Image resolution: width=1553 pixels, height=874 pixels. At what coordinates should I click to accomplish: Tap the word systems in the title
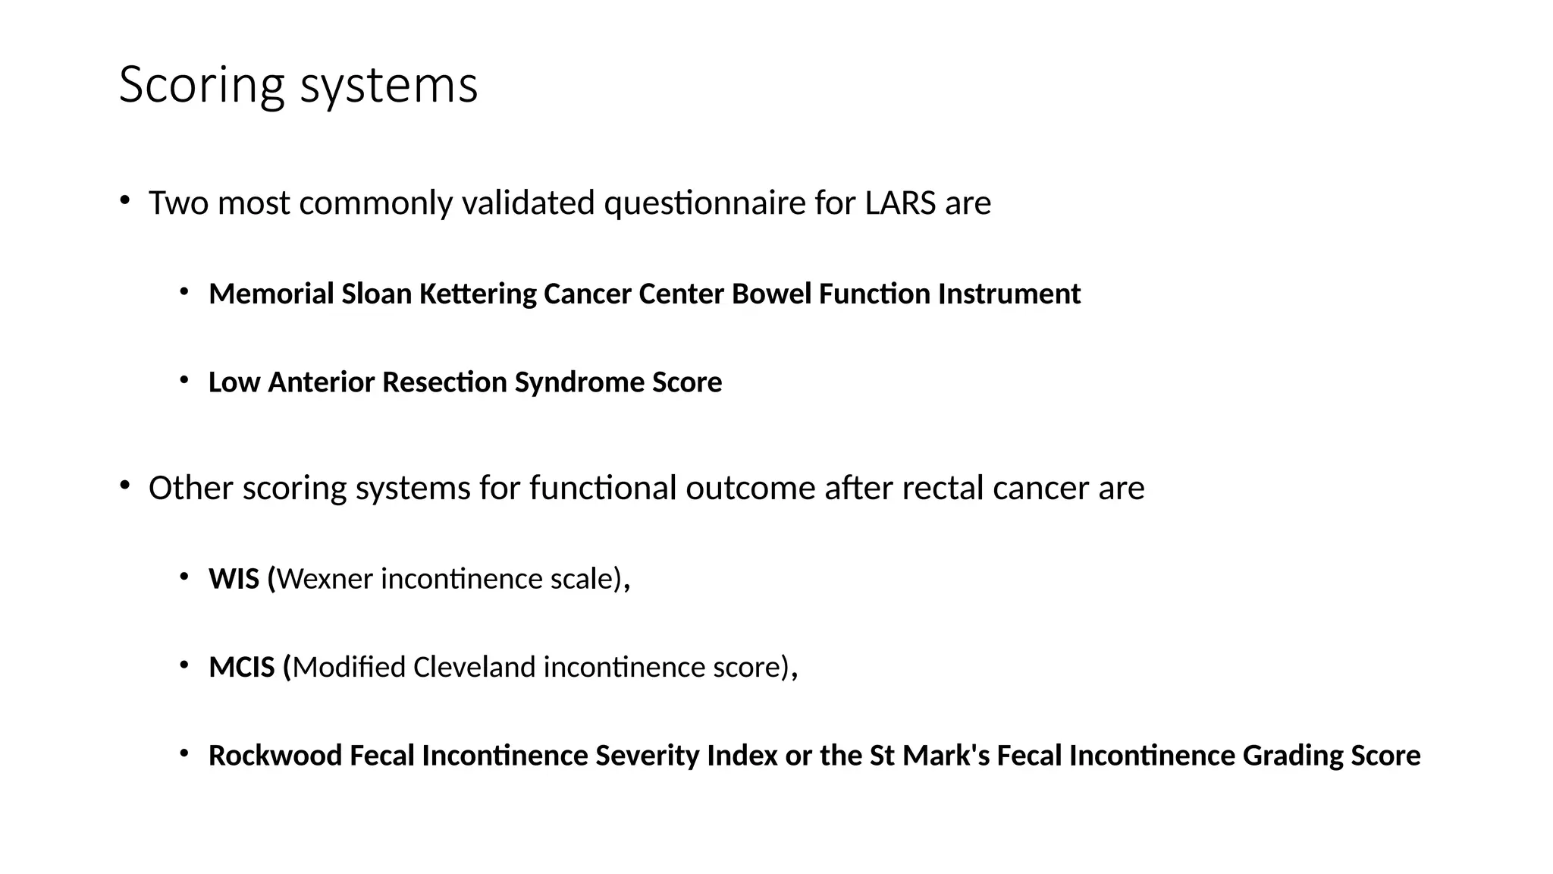pyautogui.click(x=389, y=85)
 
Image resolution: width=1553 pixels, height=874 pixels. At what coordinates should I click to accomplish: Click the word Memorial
pyautogui.click(x=271, y=294)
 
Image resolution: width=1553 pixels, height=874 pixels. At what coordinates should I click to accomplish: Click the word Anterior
pyautogui.click(x=322, y=382)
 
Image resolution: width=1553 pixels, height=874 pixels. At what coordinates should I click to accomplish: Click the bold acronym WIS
pyautogui.click(x=234, y=579)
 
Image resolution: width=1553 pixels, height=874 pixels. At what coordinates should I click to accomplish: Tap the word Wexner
pyautogui.click(x=325, y=579)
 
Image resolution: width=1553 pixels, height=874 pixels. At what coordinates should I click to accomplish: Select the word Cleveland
pyautogui.click(x=474, y=668)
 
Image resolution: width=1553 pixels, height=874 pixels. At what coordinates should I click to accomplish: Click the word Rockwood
pyautogui.click(x=275, y=756)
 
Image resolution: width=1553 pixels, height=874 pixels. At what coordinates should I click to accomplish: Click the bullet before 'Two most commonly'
pyautogui.click(x=124, y=200)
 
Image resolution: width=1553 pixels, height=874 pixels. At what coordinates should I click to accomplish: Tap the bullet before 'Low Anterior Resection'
pyautogui.click(x=184, y=379)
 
